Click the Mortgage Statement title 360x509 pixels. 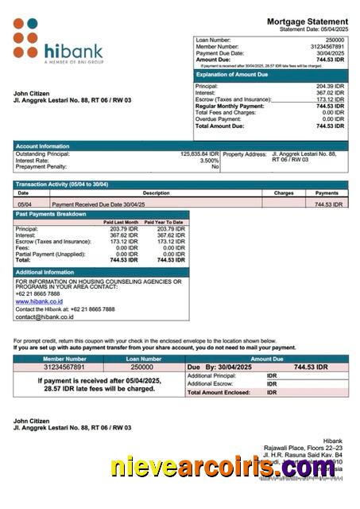pyautogui.click(x=306, y=21)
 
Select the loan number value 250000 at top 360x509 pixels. pyautogui.click(x=335, y=39)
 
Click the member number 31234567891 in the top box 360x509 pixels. pyautogui.click(x=327, y=46)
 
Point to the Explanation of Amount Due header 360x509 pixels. pyautogui.click(x=234, y=74)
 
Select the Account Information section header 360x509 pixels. pyautogui.click(x=43, y=146)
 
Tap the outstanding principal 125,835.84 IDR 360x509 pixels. pyautogui.click(x=199, y=153)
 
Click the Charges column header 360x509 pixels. pyautogui.click(x=284, y=192)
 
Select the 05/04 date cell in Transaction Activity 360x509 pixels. pyautogui.click(x=24, y=204)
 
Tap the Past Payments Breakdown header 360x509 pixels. pyautogui.click(x=51, y=214)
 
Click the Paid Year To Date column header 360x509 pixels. pyautogui.click(x=164, y=222)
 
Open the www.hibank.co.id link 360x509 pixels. pyautogui.click(x=39, y=301)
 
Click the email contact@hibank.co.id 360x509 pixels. pyautogui.click(x=44, y=316)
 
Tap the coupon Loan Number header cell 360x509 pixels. pyautogui.click(x=141, y=359)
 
